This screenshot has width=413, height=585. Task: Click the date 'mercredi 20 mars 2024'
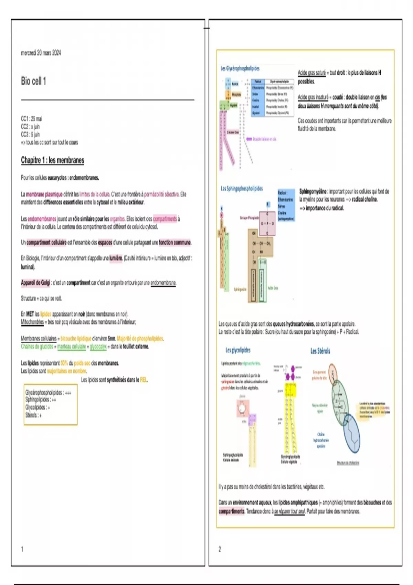41,53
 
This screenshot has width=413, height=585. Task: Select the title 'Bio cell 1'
33,81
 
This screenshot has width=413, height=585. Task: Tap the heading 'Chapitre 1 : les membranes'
52,160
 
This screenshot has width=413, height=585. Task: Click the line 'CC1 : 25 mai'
31,119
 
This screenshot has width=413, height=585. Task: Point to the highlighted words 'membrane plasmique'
44,194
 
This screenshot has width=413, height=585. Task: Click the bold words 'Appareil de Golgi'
35,283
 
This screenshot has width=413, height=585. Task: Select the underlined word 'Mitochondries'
32,322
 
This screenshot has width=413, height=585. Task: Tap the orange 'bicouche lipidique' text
76,338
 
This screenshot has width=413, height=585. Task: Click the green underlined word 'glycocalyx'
98,347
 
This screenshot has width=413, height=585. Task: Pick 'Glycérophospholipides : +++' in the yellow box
48,392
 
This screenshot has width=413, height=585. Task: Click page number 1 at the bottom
22,549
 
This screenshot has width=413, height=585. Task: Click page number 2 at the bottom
220,549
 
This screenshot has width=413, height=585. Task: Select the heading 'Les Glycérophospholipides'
240,68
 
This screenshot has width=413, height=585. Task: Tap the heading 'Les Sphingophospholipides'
242,189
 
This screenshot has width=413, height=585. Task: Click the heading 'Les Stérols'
320,351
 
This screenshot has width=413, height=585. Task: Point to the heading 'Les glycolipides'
238,350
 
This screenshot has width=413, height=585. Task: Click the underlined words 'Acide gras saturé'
311,73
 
